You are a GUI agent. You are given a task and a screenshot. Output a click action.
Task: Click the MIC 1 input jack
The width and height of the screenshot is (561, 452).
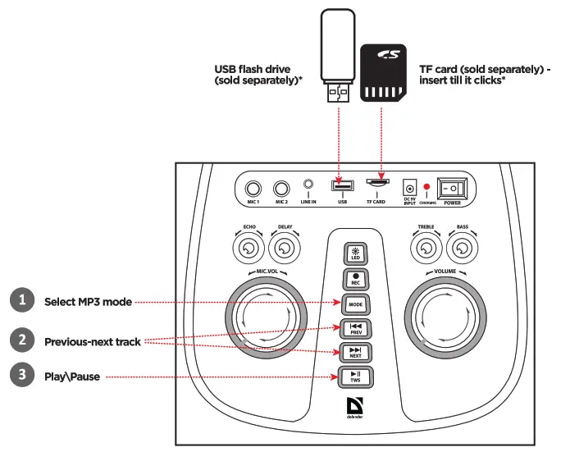tap(255, 188)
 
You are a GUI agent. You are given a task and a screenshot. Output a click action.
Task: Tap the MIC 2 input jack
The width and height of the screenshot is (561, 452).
tap(282, 188)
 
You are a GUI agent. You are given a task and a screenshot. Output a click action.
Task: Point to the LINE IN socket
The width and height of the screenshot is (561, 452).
tap(308, 186)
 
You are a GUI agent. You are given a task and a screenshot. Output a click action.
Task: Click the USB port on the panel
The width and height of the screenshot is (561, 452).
tap(341, 185)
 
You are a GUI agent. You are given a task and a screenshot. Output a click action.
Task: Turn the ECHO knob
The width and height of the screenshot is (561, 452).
tap(249, 247)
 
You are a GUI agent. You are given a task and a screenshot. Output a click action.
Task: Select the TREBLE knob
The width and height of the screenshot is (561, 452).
tap(426, 247)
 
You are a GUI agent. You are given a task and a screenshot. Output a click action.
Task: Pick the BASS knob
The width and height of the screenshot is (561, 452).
tap(462, 247)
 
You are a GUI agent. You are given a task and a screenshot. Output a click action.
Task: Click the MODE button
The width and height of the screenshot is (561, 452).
tap(356, 303)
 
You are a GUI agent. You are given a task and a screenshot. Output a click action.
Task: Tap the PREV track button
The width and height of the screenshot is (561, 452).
tap(356, 328)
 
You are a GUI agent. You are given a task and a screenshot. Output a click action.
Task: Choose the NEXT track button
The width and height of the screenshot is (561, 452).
tap(356, 353)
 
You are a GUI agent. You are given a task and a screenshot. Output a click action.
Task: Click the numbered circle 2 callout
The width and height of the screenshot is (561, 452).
tap(22, 340)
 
